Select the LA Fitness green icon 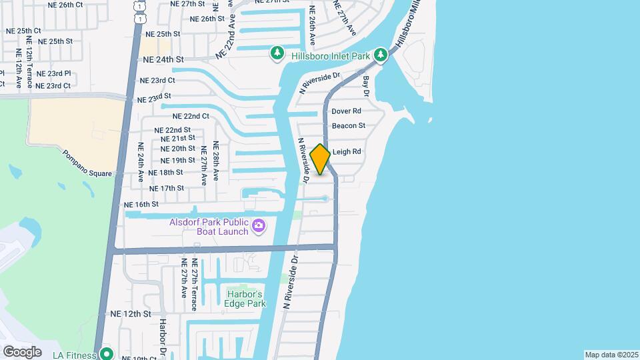point(105,353)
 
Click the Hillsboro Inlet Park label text point(330,55)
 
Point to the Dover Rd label point(347,111)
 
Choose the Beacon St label point(349,125)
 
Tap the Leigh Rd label point(347,152)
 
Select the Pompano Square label point(87,163)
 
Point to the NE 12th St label point(131,313)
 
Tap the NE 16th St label point(141,204)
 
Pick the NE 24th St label point(163,59)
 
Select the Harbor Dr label point(162,337)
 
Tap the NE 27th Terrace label point(194,285)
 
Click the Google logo point(22,352)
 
